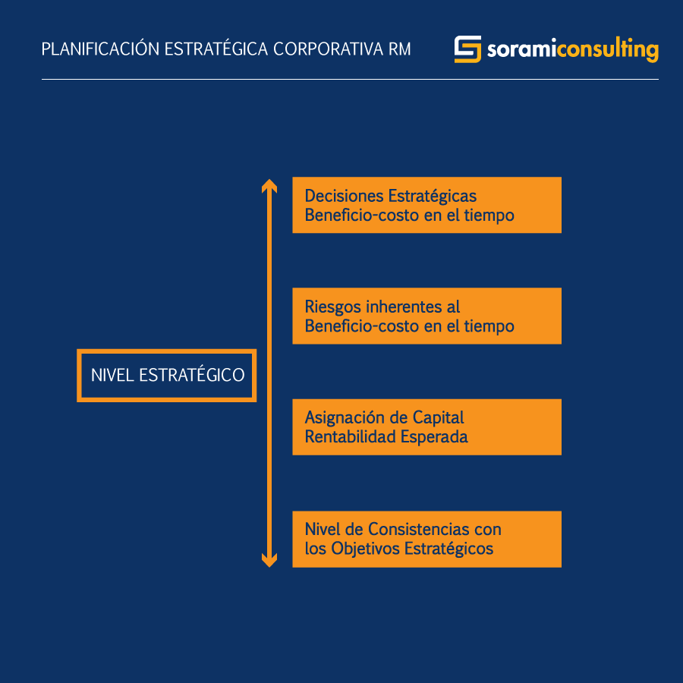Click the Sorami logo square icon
(x=467, y=49)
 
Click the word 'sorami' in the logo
(x=521, y=49)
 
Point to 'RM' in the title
(x=399, y=49)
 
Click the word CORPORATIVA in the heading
(x=329, y=49)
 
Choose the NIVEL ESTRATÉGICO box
(x=167, y=376)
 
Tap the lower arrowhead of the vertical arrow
(x=269, y=561)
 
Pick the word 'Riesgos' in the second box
(x=333, y=307)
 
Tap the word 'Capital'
(x=438, y=418)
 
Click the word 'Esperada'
(x=434, y=438)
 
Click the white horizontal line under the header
(x=350, y=79)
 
